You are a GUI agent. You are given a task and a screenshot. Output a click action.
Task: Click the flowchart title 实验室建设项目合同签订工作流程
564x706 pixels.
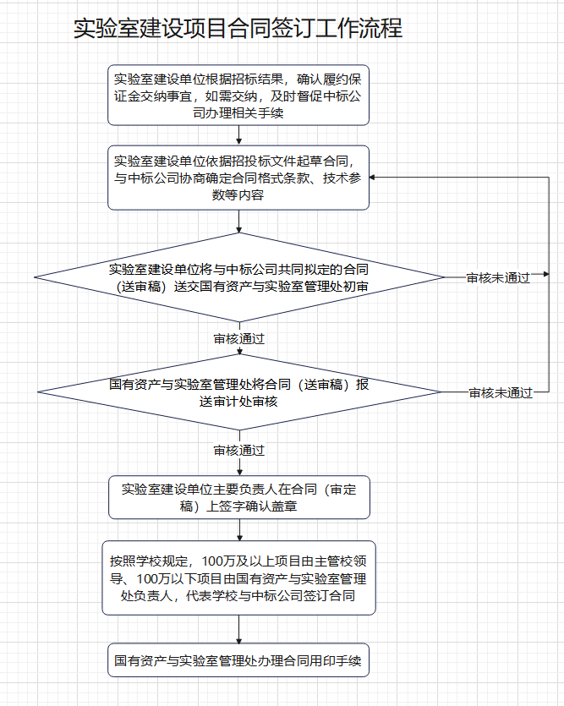pos(238,28)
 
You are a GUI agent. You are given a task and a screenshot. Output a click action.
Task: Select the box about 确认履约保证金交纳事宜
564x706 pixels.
pos(238,95)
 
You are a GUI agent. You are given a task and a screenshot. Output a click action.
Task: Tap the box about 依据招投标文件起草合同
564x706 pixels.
pos(238,178)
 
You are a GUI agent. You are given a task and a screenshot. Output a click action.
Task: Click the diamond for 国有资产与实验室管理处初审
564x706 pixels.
pos(239,277)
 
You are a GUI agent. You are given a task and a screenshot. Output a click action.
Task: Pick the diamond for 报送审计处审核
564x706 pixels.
pos(239,392)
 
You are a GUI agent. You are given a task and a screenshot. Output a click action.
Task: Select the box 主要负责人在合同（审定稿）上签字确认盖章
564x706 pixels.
pos(239,497)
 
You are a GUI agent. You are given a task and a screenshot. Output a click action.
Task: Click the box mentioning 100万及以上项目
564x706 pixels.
pos(238,577)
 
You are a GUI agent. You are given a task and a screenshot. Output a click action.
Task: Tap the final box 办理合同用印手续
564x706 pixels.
pos(238,660)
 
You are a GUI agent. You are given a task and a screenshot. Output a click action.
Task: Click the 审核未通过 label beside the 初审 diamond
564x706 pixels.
pos(498,278)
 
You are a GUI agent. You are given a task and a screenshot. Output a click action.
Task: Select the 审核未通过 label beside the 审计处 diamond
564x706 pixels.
pos(501,393)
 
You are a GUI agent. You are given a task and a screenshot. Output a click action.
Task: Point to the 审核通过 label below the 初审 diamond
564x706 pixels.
pos(239,338)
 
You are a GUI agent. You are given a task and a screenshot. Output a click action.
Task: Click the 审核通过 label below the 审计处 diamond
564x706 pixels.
pos(239,451)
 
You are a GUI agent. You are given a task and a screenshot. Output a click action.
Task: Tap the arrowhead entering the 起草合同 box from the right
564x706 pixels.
pos(372,178)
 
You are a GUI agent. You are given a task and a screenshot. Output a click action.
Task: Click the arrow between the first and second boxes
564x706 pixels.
pos(239,135)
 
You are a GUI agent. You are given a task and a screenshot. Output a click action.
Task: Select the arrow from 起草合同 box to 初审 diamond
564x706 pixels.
pos(239,221)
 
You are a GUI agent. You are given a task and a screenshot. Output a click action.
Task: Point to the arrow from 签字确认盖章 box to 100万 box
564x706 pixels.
pos(239,530)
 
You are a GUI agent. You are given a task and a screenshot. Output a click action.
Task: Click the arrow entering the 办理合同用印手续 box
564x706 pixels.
pos(239,629)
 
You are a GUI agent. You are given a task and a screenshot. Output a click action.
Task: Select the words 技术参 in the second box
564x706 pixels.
pos(342,178)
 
